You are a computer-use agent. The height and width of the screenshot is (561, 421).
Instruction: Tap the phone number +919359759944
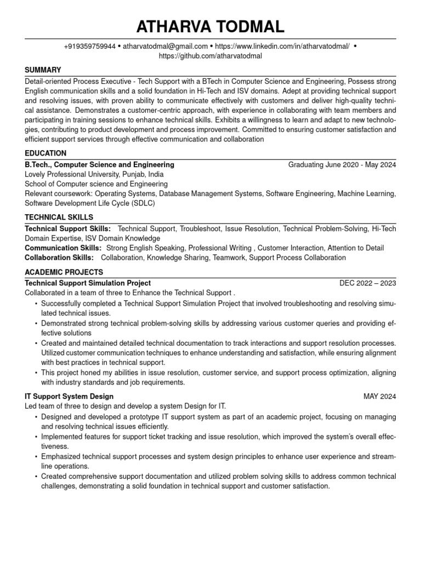pos(89,47)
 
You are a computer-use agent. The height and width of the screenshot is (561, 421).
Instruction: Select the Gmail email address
pos(165,47)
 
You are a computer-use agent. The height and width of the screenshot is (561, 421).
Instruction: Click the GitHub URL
pos(210,56)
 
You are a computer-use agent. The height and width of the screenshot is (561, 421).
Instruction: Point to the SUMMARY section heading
pos(43,70)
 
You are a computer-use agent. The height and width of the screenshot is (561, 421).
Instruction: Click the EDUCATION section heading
pos(45,153)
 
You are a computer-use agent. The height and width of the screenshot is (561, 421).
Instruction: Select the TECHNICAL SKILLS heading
pos(59,217)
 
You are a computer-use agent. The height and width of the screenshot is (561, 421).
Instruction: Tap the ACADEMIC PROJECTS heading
pos(64,272)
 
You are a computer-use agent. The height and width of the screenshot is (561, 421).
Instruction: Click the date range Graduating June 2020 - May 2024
pos(342,164)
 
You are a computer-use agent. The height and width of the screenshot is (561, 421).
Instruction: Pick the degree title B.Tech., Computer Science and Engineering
pos(99,164)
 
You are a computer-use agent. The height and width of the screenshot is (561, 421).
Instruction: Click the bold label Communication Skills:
pos(63,248)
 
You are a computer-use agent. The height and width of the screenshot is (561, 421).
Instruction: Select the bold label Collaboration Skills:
pos(59,257)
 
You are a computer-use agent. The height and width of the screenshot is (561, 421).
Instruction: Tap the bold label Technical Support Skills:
pos(67,228)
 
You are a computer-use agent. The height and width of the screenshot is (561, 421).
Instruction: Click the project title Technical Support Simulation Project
pos(88,283)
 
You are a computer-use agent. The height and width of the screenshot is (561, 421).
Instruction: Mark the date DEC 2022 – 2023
pos(367,283)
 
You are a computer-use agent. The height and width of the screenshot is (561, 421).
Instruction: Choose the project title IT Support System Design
pos(69,396)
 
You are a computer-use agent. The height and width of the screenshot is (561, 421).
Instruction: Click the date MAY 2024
pos(379,396)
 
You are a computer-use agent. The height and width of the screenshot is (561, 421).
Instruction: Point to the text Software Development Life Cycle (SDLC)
pos(90,203)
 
